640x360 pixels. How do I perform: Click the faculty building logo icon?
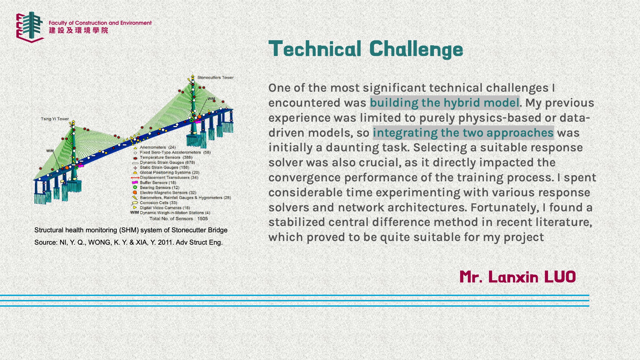30,27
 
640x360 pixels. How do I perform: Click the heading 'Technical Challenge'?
366,49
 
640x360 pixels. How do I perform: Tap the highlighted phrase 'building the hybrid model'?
444,103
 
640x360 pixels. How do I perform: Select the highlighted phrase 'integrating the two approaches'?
463,133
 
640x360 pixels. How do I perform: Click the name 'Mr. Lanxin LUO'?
518,277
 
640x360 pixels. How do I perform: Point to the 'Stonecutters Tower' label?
215,77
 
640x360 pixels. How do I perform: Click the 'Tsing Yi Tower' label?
55,119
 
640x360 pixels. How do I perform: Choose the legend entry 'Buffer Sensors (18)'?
154,182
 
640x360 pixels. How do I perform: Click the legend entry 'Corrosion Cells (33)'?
155,203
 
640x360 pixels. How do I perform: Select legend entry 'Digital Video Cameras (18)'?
161,208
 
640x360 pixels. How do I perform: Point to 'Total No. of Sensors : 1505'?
178,219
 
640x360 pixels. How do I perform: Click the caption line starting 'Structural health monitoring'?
131,230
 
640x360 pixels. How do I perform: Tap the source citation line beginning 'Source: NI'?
128,242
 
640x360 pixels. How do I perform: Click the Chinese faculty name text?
78,30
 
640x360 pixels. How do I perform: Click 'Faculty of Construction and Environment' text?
100,23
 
